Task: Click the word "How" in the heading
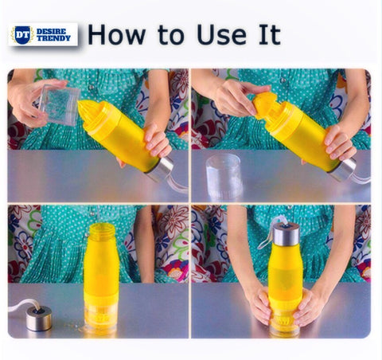click(117, 34)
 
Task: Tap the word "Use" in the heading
click(221, 34)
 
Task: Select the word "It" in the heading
click(270, 34)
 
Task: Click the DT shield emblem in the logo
click(22, 35)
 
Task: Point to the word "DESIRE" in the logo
click(51, 31)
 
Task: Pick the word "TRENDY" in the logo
click(53, 38)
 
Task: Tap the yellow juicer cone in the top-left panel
click(90, 112)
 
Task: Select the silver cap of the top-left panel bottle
click(160, 169)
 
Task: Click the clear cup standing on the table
click(224, 176)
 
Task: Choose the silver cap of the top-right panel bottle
click(343, 170)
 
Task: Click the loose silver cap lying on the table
click(39, 319)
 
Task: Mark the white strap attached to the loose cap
click(21, 304)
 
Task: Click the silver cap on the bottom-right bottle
click(286, 234)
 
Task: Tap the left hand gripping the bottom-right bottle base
click(259, 306)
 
